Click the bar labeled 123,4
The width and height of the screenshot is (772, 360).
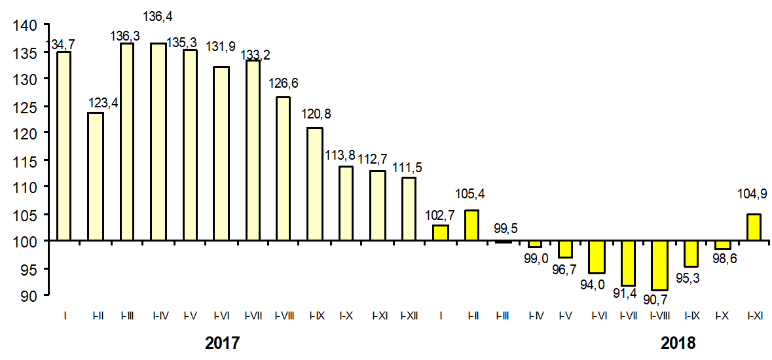point(96,177)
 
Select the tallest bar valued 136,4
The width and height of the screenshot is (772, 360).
point(158,142)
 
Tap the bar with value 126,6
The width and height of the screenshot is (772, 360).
point(283,169)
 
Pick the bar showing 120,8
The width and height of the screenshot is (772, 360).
point(314,184)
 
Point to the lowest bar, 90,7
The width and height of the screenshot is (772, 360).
point(659,265)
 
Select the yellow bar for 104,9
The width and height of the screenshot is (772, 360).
point(754,227)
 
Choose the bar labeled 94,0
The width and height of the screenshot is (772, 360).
point(597,257)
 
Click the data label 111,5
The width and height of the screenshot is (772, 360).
point(407,168)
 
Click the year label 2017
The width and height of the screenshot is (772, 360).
point(222,343)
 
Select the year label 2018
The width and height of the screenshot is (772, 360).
point(677,343)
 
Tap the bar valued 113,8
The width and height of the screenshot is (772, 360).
point(346,204)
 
